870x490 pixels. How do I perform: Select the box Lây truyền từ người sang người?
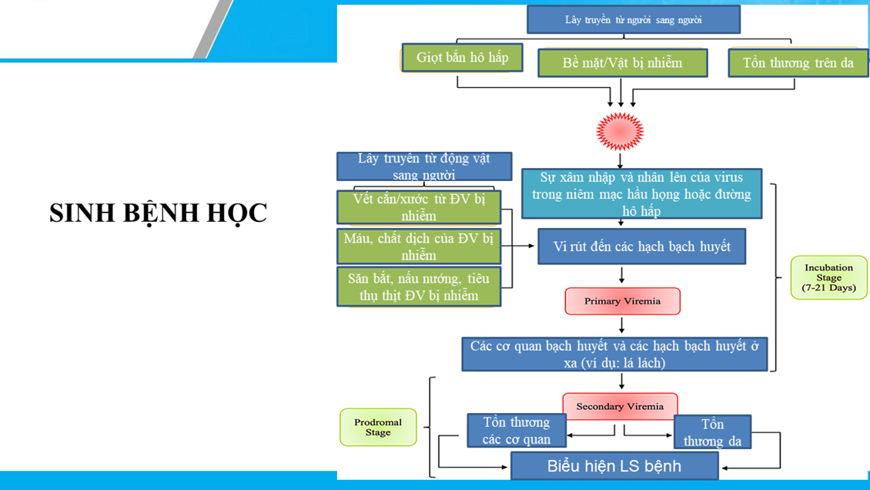pos(633,20)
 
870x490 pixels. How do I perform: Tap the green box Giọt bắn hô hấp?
pos(462,58)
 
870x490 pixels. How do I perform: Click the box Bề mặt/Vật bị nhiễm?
pos(622,62)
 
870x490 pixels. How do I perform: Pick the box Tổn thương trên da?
pos(798,62)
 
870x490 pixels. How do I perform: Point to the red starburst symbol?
pos(621,131)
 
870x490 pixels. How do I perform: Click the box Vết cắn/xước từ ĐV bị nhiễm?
pos(419,207)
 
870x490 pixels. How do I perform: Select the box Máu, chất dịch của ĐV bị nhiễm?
pos(419,247)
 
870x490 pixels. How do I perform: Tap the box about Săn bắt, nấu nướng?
pos(419,287)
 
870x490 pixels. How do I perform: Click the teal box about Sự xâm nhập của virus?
pos(642,194)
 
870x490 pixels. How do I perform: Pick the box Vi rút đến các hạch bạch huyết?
pos(641,247)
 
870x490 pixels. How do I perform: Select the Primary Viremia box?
pos(622,301)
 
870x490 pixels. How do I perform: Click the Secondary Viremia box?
pos(620,406)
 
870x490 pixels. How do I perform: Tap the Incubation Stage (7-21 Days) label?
pos(828,278)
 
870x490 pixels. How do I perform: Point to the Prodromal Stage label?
pos(377,427)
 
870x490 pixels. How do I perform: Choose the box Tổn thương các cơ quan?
pos(516,431)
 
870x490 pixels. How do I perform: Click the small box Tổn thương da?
pos(712,433)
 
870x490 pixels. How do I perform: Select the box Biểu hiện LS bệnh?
pos(614,466)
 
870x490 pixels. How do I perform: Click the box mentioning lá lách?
pos(614,354)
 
